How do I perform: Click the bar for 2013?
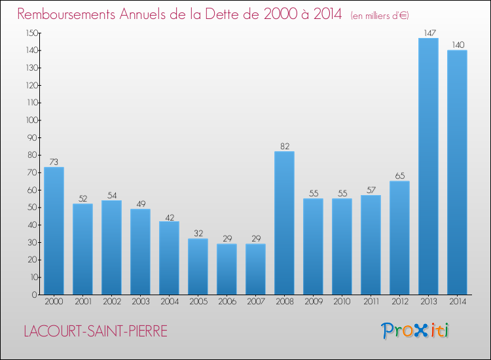pos(428,166)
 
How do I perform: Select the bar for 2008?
pos(284,223)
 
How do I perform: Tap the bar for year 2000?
pos(54,230)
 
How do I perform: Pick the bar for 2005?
pos(198,266)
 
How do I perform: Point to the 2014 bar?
pos(457,172)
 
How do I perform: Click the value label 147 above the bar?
pos(430,33)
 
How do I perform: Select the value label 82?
pos(285,146)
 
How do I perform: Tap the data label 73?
pos(54,162)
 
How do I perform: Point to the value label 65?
pos(400,175)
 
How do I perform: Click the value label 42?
pos(170,217)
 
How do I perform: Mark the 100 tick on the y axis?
pos(32,120)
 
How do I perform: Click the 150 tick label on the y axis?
pos(32,33)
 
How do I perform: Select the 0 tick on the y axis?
pos(35,295)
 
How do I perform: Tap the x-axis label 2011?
pos(371,301)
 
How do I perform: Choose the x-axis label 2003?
pos(141,301)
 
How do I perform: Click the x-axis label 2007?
pos(256,301)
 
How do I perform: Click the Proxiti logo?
pos(414,331)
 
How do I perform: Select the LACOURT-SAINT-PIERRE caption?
pos(96,331)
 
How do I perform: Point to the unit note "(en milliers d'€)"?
pos(380,16)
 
